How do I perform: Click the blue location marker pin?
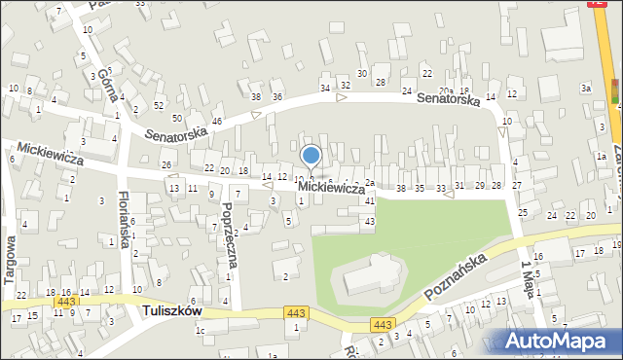click(311, 156)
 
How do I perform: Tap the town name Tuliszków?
click(170, 310)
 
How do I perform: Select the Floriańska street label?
click(124, 219)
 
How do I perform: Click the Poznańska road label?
click(454, 277)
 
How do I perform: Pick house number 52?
click(159, 105)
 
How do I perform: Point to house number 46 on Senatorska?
click(217, 121)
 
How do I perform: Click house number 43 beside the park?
click(369, 223)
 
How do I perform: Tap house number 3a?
click(586, 89)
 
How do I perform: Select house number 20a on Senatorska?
click(446, 90)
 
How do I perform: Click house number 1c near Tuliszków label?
click(200, 331)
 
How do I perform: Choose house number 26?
click(166, 164)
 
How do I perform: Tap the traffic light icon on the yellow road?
click(614, 92)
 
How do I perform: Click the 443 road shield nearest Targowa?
click(65, 303)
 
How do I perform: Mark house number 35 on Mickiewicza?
click(420, 188)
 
